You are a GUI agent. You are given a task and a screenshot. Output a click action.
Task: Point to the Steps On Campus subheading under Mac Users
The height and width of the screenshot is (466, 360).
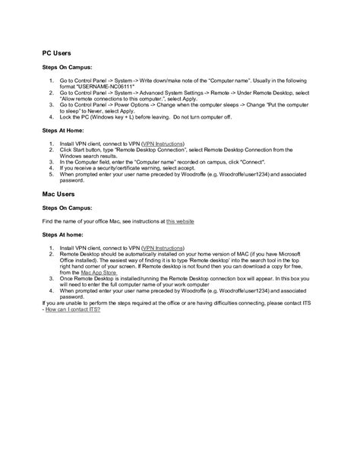[x=66, y=208]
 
